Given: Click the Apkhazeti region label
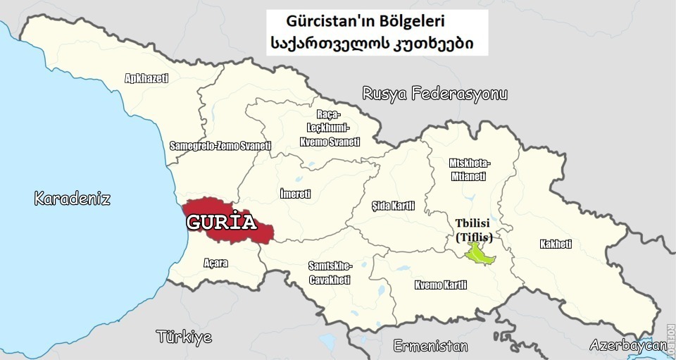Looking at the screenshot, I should click(x=146, y=78).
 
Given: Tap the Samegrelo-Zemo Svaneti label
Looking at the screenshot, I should click(x=220, y=146).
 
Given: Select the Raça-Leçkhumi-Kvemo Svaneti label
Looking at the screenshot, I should click(x=330, y=128).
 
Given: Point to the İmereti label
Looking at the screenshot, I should click(x=294, y=194).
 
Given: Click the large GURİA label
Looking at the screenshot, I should click(x=220, y=223).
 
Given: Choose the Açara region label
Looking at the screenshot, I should click(x=215, y=263).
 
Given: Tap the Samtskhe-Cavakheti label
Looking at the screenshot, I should click(x=330, y=273).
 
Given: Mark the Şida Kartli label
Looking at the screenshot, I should click(x=393, y=206).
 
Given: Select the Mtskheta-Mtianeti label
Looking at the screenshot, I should click(x=470, y=170).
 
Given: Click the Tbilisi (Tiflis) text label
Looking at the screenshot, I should click(x=473, y=230).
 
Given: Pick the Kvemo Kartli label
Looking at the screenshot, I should click(x=441, y=285).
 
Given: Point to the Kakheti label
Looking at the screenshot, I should click(x=556, y=244).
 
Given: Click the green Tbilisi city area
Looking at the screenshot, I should click(x=479, y=253).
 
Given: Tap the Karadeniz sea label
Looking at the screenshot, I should click(x=73, y=199).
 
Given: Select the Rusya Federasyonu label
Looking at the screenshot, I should click(x=434, y=94).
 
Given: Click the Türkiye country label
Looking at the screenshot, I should click(x=184, y=336).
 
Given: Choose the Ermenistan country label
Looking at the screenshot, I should click(x=430, y=346).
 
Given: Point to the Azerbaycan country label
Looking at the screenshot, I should click(x=627, y=345).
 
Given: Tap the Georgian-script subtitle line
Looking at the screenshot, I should click(x=371, y=44).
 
